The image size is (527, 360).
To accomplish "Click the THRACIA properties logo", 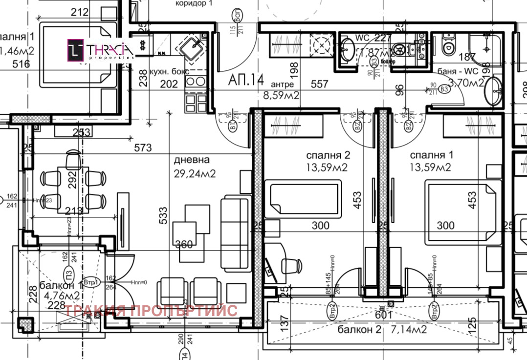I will pyautogui.click(x=101, y=50).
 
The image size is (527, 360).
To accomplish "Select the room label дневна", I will pyautogui.click(x=192, y=160).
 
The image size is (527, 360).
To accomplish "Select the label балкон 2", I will pyautogui.click(x=359, y=330).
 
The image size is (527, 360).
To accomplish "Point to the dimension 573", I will pyautogui.click(x=143, y=148).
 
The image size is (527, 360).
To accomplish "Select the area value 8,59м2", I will pyautogui.click(x=281, y=96).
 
